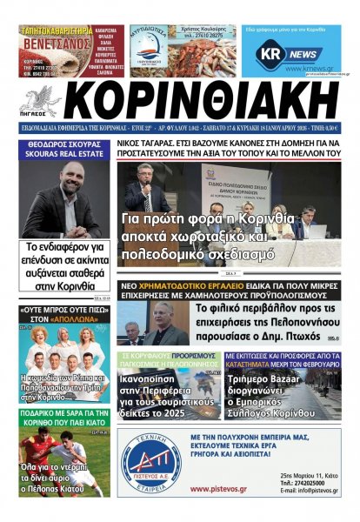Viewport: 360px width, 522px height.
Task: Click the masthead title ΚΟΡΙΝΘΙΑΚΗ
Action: coord(209,102)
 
